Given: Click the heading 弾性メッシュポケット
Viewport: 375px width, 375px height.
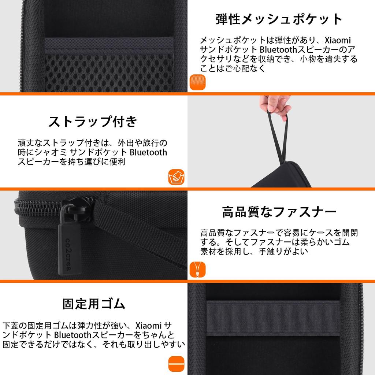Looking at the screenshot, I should point(279,19).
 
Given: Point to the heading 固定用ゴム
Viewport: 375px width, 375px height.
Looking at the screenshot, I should point(94,304).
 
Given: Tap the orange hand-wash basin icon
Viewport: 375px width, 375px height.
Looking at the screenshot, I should point(176,178).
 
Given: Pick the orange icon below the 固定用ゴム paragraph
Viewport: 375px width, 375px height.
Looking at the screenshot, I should point(176,364).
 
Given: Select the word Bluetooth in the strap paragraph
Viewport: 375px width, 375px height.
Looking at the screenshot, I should point(148,152).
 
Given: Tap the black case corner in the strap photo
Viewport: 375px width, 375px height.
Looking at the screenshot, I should point(286,176).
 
